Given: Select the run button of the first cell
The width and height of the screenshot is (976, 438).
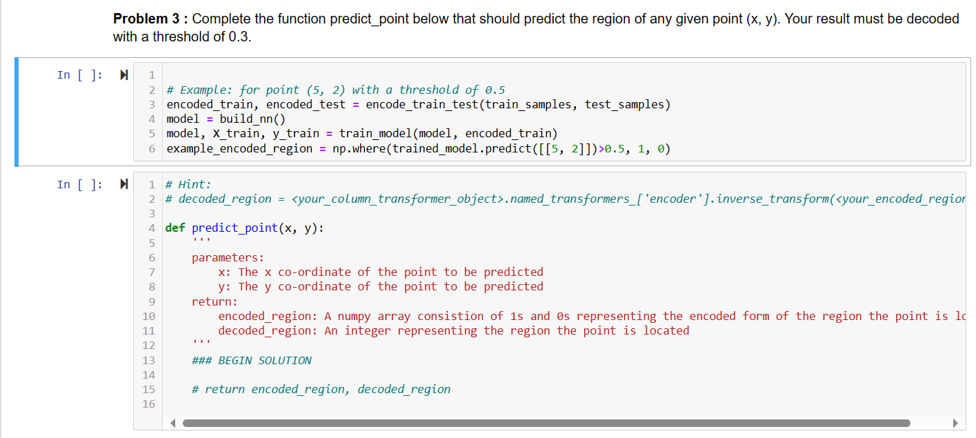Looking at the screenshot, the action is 124,75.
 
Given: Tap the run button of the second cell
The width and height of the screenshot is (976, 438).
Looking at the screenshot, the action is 124,184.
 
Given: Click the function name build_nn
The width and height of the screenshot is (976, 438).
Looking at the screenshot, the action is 246,119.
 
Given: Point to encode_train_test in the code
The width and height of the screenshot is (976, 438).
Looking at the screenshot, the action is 422,105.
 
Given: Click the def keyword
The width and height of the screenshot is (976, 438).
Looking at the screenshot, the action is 175,228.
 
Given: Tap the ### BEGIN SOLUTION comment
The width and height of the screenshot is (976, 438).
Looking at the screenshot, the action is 251,360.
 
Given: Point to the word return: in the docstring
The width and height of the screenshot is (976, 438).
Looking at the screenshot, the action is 215,301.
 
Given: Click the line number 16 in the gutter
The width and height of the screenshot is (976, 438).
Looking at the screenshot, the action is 148,404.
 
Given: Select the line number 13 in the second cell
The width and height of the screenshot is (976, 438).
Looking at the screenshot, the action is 148,360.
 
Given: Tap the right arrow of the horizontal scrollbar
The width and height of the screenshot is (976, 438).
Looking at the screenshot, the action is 955,423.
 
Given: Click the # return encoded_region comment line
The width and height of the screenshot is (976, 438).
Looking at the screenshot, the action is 321,390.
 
